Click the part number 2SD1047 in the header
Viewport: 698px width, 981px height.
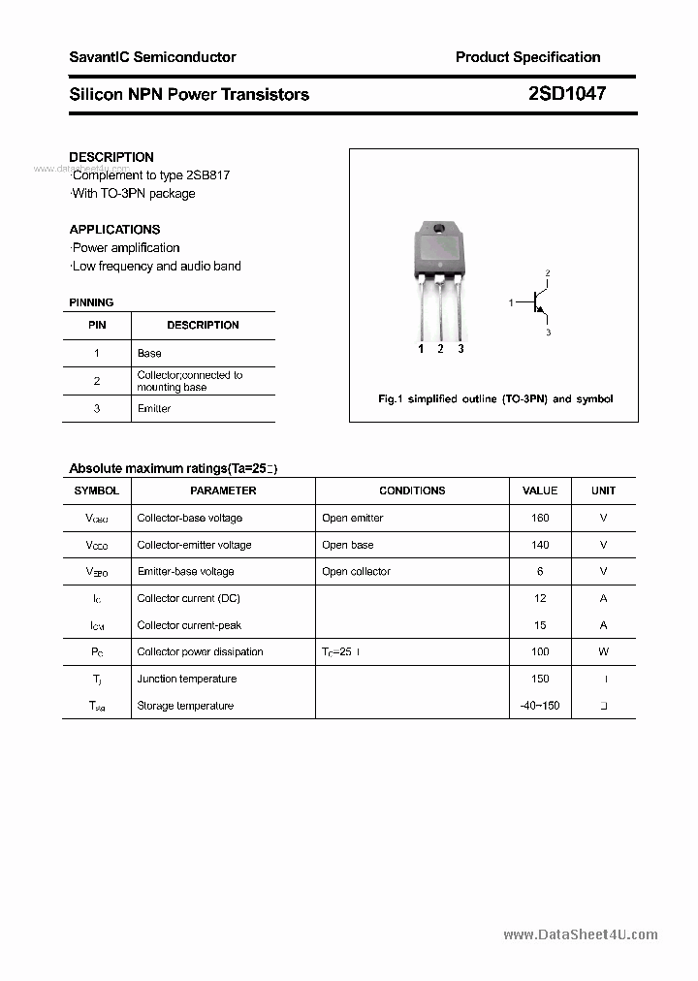click(x=567, y=94)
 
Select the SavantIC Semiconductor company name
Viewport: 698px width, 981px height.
click(x=152, y=57)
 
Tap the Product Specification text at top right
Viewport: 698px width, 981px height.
click(x=527, y=57)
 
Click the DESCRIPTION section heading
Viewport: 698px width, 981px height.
click(x=111, y=157)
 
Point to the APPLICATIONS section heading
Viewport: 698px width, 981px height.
click(x=114, y=230)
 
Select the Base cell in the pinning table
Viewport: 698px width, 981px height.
click(x=149, y=353)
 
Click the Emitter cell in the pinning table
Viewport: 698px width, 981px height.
click(x=154, y=408)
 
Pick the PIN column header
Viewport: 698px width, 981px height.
click(x=97, y=325)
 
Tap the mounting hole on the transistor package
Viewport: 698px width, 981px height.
click(x=438, y=230)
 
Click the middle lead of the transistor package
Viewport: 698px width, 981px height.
click(x=440, y=310)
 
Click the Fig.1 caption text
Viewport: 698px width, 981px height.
click(x=494, y=399)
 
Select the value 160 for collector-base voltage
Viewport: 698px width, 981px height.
click(x=540, y=518)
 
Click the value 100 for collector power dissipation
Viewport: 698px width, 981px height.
click(x=540, y=651)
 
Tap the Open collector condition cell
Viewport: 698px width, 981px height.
click(x=356, y=571)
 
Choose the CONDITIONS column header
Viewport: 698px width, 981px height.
click(x=412, y=490)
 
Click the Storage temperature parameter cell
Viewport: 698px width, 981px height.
click(x=185, y=706)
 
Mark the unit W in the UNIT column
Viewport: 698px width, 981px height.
click(x=603, y=651)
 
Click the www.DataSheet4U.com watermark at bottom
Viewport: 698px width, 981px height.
click(x=581, y=934)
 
